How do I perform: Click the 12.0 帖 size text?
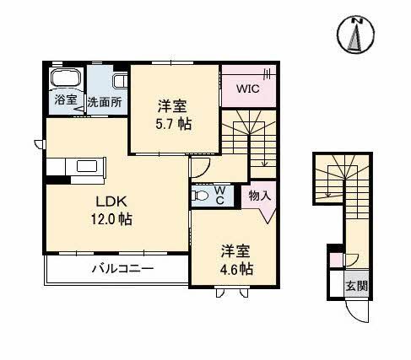tap(112, 218)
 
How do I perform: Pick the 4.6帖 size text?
tap(237, 269)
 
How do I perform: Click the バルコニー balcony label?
tap(122, 270)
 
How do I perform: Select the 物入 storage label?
tap(259, 196)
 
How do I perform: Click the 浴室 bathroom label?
tap(66, 100)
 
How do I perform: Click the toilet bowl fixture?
tap(201, 196)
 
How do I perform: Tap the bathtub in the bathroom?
tap(65, 78)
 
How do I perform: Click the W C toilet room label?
tap(219, 196)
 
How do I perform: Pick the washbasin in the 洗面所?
tap(119, 82)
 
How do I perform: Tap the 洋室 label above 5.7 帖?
tap(172, 106)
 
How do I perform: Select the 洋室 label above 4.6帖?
tap(236, 250)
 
